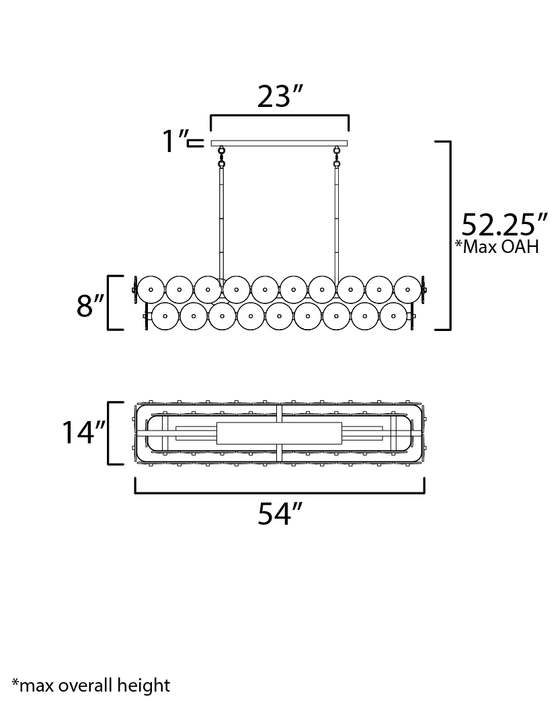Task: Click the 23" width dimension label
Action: (280, 96)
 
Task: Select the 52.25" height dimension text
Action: (504, 225)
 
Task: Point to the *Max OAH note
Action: (497, 246)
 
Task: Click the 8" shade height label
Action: (90, 306)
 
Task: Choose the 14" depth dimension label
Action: (83, 433)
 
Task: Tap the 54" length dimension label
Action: (280, 514)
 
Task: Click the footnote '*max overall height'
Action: (91, 685)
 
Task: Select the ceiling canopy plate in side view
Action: (280, 143)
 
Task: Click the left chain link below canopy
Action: (221, 157)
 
